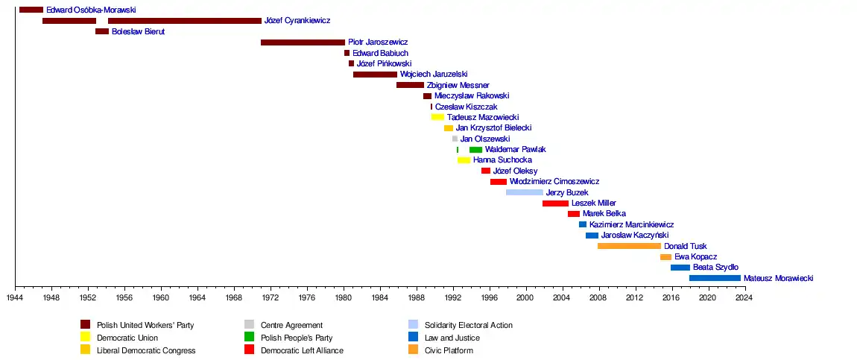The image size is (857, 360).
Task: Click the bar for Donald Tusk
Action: click(x=629, y=246)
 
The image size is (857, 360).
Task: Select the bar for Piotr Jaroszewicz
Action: click(x=303, y=42)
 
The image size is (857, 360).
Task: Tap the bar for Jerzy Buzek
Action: click(x=525, y=192)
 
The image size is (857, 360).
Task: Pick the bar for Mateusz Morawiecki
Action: click(x=715, y=278)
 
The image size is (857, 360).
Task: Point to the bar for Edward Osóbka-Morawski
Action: click(x=31, y=10)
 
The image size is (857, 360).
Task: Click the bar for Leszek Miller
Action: click(x=555, y=203)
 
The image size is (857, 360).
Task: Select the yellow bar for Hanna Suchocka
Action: click(x=464, y=160)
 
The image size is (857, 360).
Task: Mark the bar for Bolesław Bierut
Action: click(x=102, y=31)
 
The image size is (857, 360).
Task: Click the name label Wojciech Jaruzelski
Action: click(x=434, y=75)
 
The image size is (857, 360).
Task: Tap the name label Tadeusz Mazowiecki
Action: click(x=483, y=118)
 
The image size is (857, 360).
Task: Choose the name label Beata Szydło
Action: click(x=715, y=268)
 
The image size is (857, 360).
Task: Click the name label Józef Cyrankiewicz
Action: click(x=297, y=21)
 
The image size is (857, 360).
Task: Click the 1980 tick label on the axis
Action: click(x=344, y=298)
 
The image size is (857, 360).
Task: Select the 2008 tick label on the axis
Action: click(x=598, y=298)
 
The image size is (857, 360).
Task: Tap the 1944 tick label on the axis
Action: click(x=15, y=298)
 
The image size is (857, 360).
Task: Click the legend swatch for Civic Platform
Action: click(x=413, y=350)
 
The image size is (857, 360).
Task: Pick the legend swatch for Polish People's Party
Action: click(x=249, y=337)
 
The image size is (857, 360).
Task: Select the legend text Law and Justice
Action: click(x=452, y=338)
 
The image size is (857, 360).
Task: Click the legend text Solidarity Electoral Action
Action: click(x=468, y=325)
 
